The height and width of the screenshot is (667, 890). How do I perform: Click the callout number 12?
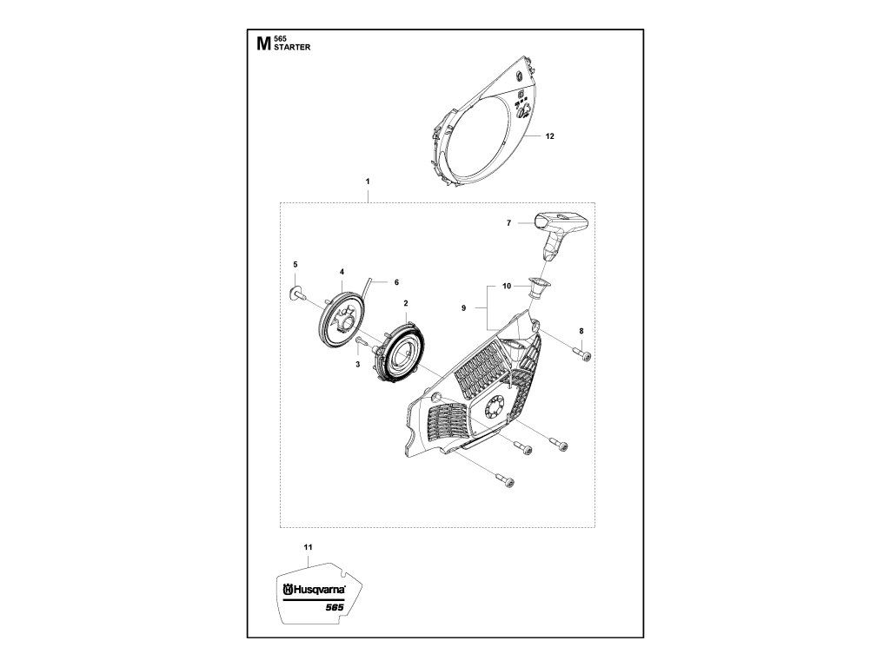(x=549, y=136)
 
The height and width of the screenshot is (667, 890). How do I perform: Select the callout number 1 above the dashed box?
(x=368, y=182)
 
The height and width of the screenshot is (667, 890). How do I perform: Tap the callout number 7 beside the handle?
(x=508, y=223)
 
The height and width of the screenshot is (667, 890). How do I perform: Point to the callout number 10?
(x=507, y=286)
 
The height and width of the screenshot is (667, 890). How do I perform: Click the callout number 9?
(x=464, y=308)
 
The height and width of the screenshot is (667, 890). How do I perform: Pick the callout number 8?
(x=581, y=331)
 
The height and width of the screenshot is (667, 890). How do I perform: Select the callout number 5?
(x=296, y=264)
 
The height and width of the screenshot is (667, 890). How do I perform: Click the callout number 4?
(x=342, y=272)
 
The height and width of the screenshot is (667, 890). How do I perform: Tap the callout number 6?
(x=396, y=282)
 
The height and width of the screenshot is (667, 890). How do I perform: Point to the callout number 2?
(x=406, y=303)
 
